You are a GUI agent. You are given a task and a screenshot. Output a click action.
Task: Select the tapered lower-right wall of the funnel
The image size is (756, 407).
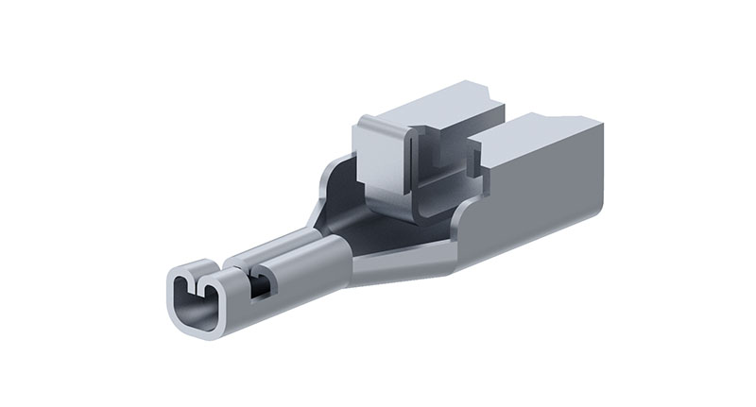coord(406,264)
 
